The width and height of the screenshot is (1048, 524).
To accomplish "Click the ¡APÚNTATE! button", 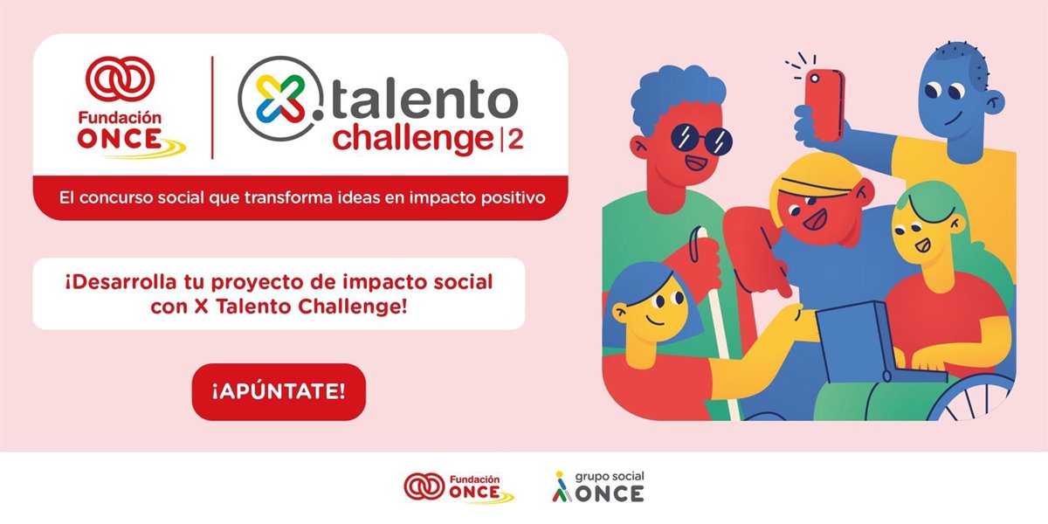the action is (279, 391).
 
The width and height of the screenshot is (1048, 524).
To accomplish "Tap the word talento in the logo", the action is (424, 100).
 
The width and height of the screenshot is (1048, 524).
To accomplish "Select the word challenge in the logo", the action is (413, 138).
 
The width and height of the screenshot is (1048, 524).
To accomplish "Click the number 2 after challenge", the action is (515, 139).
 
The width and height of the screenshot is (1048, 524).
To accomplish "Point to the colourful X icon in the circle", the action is (281, 99).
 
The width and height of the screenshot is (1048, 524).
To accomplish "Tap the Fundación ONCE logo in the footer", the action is (458, 488).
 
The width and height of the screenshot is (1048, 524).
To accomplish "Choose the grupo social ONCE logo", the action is (598, 486).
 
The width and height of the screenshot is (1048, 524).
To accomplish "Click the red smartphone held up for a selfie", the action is (824, 105).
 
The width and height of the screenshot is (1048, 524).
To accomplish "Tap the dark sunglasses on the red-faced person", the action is (701, 139).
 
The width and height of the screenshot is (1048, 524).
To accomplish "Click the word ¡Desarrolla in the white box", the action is (121, 282).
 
